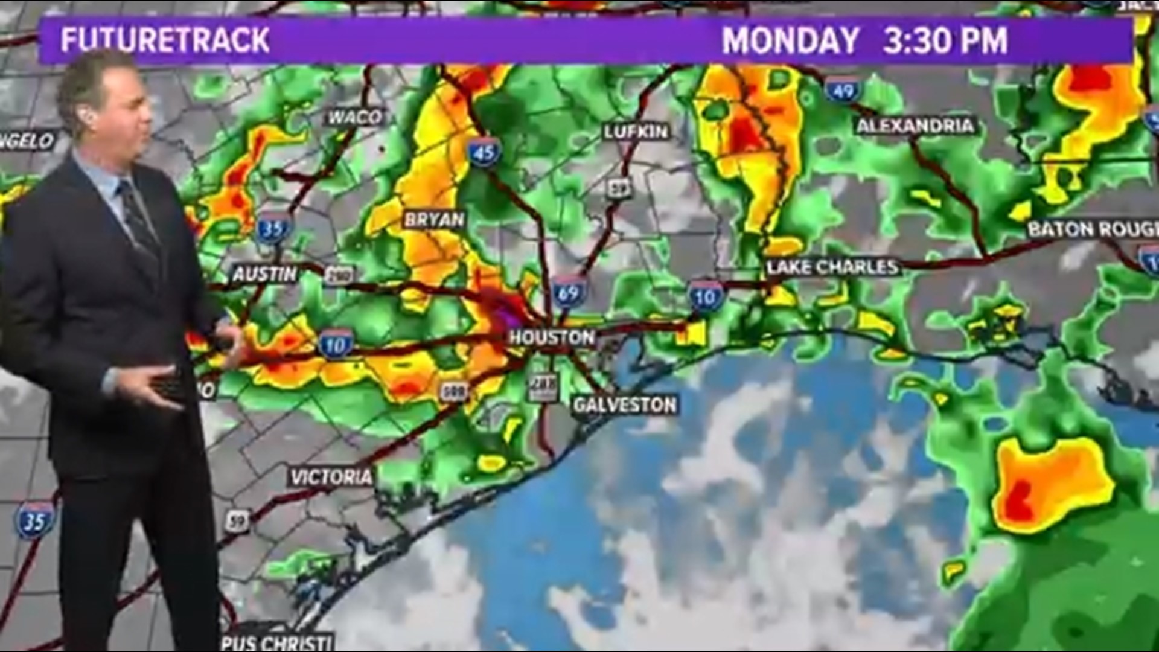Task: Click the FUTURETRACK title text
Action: [165, 40]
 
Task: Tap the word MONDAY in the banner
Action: [790, 40]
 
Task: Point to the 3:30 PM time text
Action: [945, 40]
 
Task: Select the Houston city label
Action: [552, 337]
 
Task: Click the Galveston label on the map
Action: [625, 404]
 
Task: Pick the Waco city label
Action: [355, 117]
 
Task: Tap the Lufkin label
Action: [636, 132]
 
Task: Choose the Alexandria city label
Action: [915, 126]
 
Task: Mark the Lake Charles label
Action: [832, 267]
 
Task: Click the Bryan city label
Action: [435, 219]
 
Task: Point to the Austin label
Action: [265, 275]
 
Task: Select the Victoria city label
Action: [331, 478]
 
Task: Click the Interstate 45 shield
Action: [484, 153]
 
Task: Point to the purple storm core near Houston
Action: [503, 315]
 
